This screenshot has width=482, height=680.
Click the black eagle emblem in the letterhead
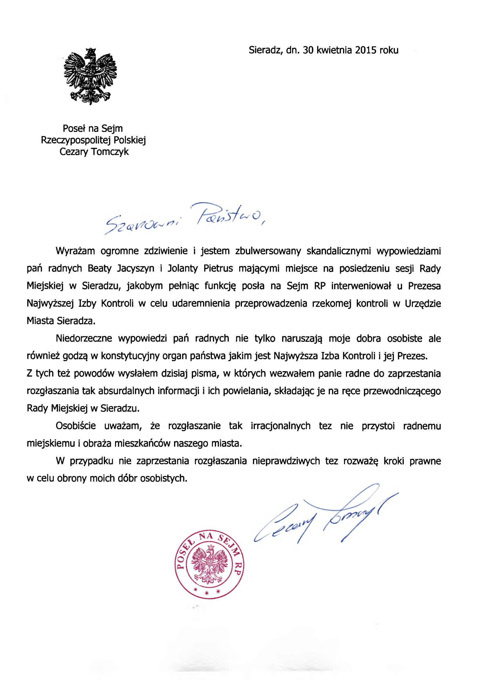tap(90, 76)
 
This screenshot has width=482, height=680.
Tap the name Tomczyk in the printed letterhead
tap(110, 152)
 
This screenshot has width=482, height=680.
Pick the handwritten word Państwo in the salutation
tap(229, 215)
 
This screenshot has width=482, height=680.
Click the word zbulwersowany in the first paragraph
tap(268, 251)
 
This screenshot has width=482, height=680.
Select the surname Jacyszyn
tap(135, 269)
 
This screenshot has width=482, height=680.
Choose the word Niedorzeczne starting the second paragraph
tap(84, 338)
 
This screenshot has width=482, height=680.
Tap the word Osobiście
tap(76, 426)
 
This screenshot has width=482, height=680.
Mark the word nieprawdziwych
tap(286, 461)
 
